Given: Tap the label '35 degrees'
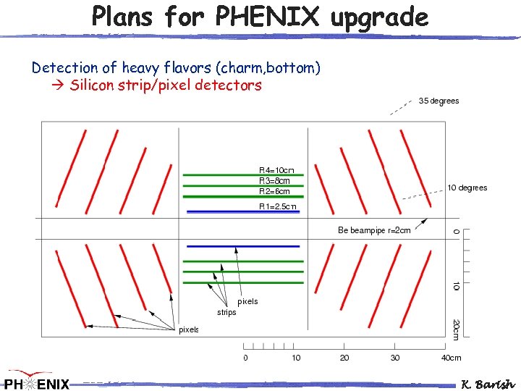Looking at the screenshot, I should tap(439, 101).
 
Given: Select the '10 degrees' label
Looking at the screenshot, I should tap(467, 188).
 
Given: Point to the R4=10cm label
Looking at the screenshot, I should tap(276, 169).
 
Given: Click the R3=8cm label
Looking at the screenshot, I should tap(274, 180).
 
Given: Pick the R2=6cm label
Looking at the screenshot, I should tap(274, 191).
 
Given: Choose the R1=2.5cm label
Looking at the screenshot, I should tap(278, 207).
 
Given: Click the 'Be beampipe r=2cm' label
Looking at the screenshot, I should tap(374, 230).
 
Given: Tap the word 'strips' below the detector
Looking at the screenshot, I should tap(226, 312).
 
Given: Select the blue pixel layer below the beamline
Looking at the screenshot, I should tap(243, 246).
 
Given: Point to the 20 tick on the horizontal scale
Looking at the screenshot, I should tap(344, 358).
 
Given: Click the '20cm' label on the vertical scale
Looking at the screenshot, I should tap(455, 328).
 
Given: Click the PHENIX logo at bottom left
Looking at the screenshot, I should tap(36, 381).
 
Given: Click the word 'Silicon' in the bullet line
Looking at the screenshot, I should tap(93, 85).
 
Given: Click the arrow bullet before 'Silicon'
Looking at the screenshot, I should tap(59, 85).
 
